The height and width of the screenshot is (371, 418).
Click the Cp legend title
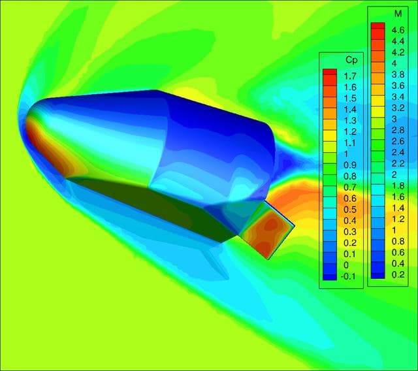[x=351, y=61]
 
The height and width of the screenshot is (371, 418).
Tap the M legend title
[x=398, y=14]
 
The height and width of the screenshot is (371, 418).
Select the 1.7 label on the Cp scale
[x=350, y=76]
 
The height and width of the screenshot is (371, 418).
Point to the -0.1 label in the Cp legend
[x=348, y=276]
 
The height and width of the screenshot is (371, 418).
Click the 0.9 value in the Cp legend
[x=350, y=165]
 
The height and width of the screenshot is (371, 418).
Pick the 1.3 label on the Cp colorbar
[x=350, y=121]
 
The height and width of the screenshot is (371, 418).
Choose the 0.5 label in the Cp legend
[x=350, y=210]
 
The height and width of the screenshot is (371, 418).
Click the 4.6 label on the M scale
[x=398, y=30]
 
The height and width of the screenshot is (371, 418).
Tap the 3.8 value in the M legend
[x=398, y=74]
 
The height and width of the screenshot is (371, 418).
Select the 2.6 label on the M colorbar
[x=398, y=141]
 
